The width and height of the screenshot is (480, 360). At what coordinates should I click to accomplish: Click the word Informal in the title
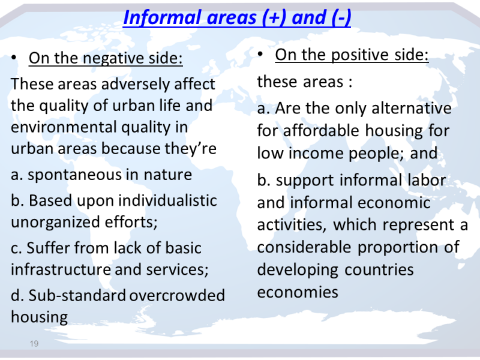pos(163,17)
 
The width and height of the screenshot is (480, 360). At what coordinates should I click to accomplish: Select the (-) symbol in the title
pos(341,18)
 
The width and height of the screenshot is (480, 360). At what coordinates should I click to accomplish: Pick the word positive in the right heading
pos(357,55)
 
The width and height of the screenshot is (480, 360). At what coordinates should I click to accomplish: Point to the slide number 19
pos(34,343)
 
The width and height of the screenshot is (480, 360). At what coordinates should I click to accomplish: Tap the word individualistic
pos(167,200)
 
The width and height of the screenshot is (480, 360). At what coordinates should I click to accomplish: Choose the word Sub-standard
pos(77,295)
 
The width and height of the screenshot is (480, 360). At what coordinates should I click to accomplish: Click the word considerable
pos(304,247)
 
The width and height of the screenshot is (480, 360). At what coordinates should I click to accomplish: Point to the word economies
pos(298,292)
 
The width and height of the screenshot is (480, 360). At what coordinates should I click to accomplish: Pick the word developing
pos(298,270)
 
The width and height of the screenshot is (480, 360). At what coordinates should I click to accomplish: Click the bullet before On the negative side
pos(13,58)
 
